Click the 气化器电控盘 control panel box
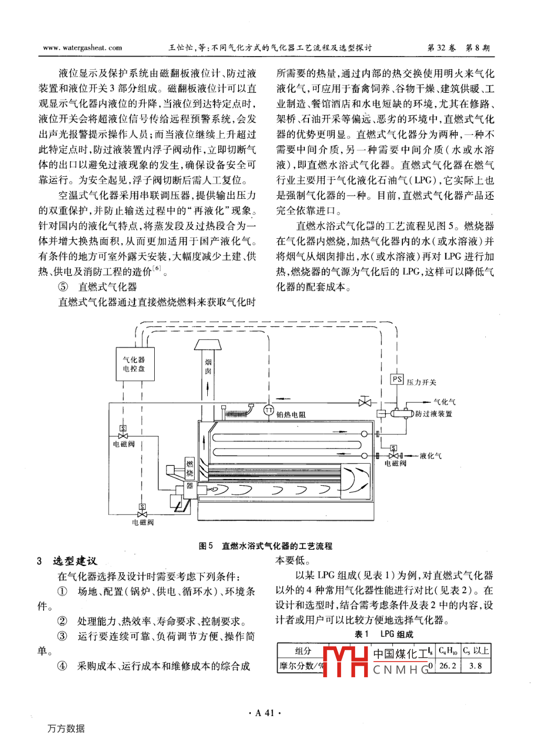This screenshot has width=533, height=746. tap(135, 364)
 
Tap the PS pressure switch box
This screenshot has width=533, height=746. tap(397, 379)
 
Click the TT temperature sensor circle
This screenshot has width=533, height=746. tap(269, 410)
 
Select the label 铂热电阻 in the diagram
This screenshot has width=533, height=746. tap(291, 414)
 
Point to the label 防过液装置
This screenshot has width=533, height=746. tap(434, 414)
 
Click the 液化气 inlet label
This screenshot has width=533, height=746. tap(431, 456)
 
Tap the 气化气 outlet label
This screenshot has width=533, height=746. tap(444, 402)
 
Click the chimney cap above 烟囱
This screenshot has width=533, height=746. tap(208, 345)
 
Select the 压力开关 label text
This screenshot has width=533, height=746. tap(421, 382)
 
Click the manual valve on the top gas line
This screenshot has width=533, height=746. tap(364, 402)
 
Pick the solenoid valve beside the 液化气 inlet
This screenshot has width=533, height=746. tap(394, 455)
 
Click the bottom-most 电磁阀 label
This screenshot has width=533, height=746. tap(143, 523)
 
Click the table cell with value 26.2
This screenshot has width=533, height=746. tap(447, 666)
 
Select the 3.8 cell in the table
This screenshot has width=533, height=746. tap(475, 666)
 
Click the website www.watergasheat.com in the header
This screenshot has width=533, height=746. tap(82, 48)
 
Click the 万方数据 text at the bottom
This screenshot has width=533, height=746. tap(66, 728)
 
